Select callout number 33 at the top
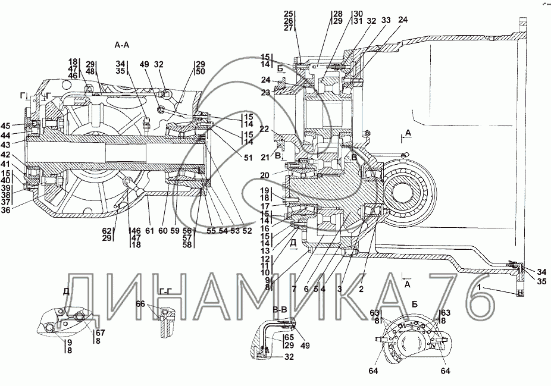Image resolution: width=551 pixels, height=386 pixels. pyautogui.click(x=386, y=20)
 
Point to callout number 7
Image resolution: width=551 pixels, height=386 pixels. pyautogui.click(x=293, y=288)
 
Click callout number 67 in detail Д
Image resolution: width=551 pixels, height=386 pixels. pyautogui.click(x=101, y=332)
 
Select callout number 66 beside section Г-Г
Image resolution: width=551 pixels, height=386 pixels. pyautogui.click(x=140, y=304)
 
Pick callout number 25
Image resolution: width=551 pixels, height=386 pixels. pyautogui.click(x=289, y=13)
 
